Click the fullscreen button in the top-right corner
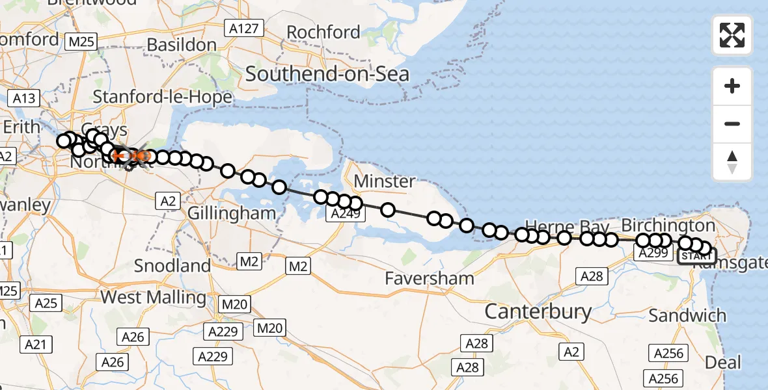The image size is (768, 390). (x=732, y=35)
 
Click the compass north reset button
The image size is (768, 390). (x=732, y=162)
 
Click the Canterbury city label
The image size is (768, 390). (x=538, y=312)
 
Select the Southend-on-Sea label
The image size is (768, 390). (x=327, y=74)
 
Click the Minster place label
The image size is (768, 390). (x=385, y=181)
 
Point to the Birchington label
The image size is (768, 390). (x=668, y=226)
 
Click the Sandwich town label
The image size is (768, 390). (x=687, y=316)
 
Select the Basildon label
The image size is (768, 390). (x=182, y=45)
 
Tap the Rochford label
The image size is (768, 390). (x=332, y=32)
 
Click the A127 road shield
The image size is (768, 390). (x=243, y=29)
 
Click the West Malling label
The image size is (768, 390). (x=154, y=298)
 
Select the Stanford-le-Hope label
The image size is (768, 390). (x=162, y=97)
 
